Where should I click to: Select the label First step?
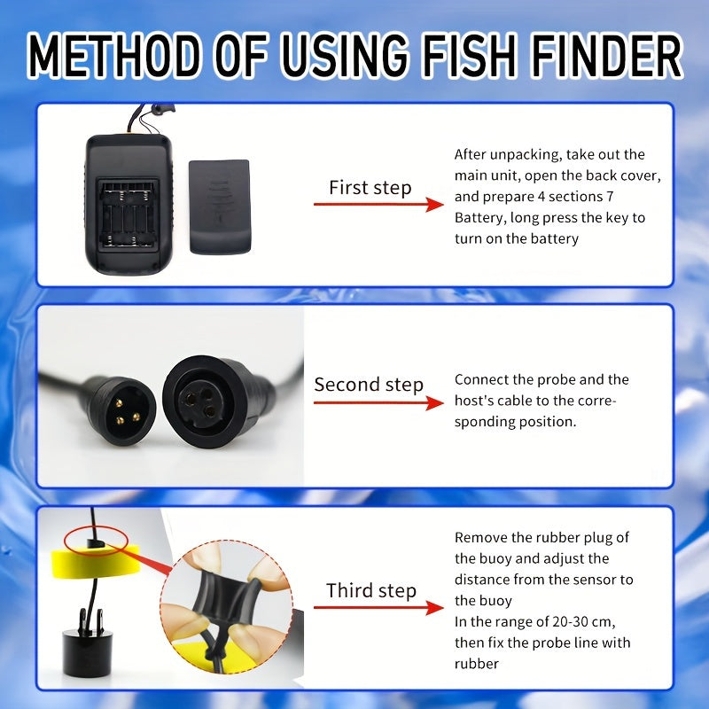370,188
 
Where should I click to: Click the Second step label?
369,385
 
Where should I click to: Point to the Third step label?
371,590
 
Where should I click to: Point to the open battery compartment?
128,213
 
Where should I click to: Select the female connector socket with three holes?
200,404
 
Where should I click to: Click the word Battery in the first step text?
479,218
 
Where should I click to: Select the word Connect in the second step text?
480,379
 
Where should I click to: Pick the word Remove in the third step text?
481,537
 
